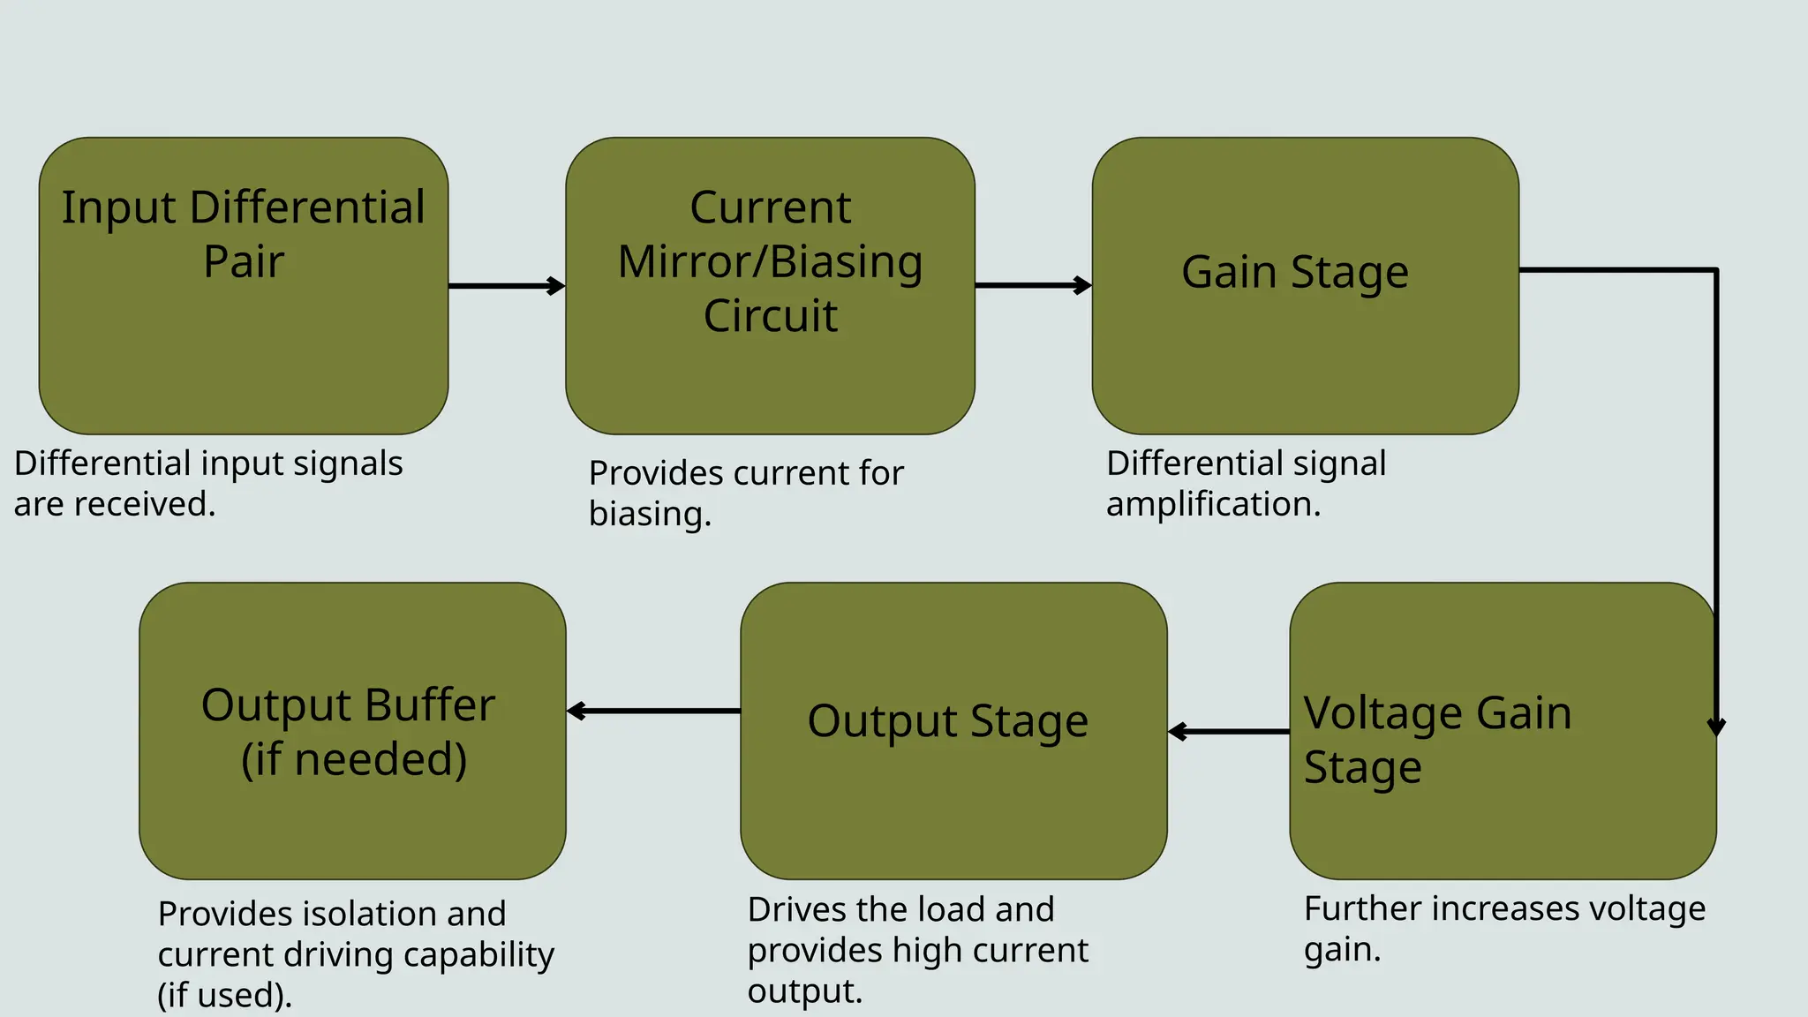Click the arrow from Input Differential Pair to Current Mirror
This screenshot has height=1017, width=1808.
coord(506,286)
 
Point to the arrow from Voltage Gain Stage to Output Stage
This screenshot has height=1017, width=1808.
coord(1229,732)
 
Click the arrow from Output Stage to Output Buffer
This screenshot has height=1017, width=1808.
coord(653,711)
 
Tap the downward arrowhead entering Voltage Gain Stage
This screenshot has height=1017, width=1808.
coord(1716,726)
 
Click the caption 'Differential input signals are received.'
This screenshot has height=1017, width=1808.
coord(207,484)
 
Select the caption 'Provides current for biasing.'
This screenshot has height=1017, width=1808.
coord(745,493)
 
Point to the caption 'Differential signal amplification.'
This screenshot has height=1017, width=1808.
coord(1246,484)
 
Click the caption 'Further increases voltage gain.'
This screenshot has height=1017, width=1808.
coord(1503,929)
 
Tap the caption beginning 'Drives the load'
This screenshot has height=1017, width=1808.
coord(917,950)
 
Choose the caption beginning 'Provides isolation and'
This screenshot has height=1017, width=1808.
coord(355,954)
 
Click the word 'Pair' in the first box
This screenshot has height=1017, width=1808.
coord(244,262)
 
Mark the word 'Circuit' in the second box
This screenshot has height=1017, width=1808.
coord(770,316)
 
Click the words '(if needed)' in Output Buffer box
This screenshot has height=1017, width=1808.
coord(354,759)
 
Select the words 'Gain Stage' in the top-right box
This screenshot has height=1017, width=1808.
coord(1295,272)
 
